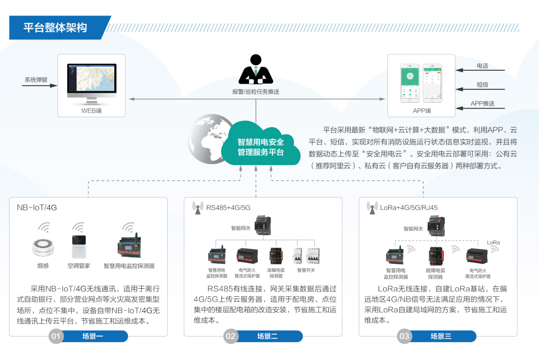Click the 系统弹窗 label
pos(36,80)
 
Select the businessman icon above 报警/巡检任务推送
pos(256,69)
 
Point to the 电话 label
pos(482,66)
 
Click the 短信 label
pos(482,85)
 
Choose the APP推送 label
pos(482,104)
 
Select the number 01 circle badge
pos(56,337)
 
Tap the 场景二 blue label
pos(268,337)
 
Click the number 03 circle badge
pos(404,337)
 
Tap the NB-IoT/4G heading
pos(37,207)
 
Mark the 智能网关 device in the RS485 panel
pos(263,225)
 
